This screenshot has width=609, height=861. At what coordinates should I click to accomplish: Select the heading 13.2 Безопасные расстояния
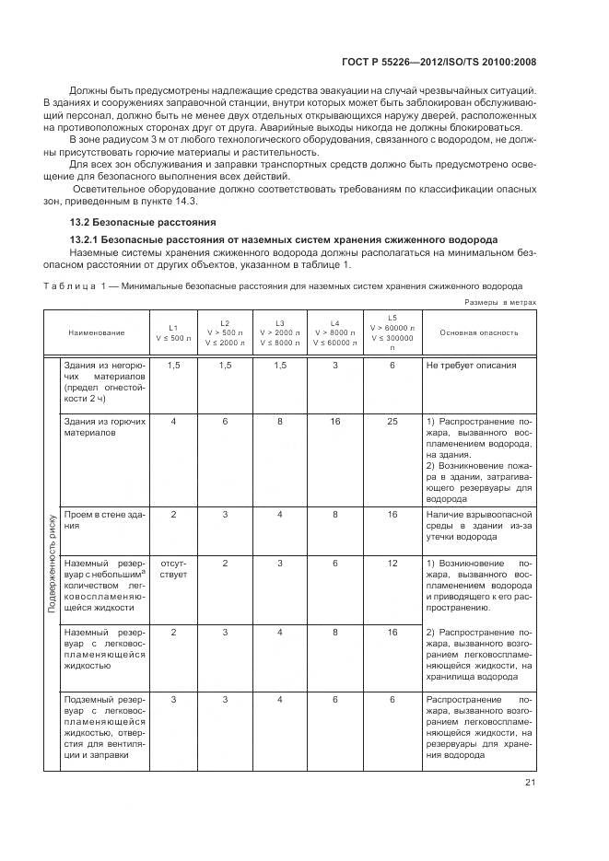(x=142, y=222)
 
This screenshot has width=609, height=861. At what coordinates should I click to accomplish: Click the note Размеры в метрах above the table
(x=499, y=301)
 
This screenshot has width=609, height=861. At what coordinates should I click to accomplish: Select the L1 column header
(x=173, y=332)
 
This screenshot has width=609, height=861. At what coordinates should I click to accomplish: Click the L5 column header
(x=392, y=332)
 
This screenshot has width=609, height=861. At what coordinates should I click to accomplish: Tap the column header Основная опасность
(x=477, y=332)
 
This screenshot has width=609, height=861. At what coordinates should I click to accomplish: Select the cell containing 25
(x=392, y=421)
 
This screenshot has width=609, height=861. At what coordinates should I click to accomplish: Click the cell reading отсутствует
(x=173, y=567)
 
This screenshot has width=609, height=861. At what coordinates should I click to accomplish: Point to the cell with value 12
(x=392, y=562)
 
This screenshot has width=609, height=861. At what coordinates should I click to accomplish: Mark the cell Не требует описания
(x=471, y=366)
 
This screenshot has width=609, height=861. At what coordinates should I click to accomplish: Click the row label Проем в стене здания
(x=102, y=519)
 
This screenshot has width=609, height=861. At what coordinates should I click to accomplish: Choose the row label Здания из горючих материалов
(x=102, y=426)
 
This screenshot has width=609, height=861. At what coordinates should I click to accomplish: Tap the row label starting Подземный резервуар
(x=102, y=727)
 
